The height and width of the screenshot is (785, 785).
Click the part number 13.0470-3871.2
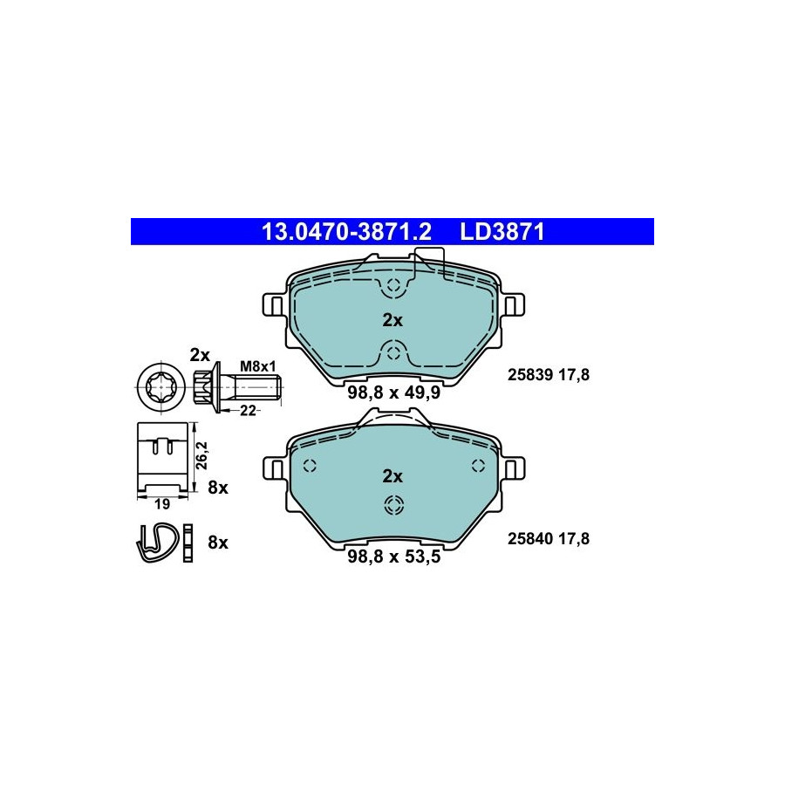click(346, 232)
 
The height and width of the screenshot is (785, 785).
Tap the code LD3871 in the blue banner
click(502, 232)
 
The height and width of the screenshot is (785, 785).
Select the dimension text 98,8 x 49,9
click(394, 392)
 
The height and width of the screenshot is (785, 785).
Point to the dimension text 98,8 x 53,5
click(394, 556)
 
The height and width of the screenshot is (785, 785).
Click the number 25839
click(530, 374)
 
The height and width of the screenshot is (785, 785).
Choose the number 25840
click(530, 539)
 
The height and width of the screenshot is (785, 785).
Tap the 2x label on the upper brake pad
click(392, 320)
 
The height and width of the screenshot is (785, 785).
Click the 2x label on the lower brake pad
click(392, 476)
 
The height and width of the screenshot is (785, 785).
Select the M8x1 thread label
click(258, 366)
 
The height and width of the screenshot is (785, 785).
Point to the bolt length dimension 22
click(248, 411)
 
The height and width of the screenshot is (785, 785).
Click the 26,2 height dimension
click(201, 455)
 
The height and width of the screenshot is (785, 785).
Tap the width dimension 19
click(162, 504)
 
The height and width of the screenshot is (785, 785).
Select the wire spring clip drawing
click(156, 543)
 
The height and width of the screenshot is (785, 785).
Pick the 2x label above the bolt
click(200, 355)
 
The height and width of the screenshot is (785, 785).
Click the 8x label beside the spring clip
click(218, 543)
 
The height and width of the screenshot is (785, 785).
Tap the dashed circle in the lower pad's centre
click(393, 505)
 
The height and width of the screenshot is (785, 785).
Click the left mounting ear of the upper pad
click(276, 304)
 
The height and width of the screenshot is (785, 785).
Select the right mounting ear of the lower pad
click(512, 469)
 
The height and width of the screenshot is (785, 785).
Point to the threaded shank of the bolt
click(256, 387)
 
